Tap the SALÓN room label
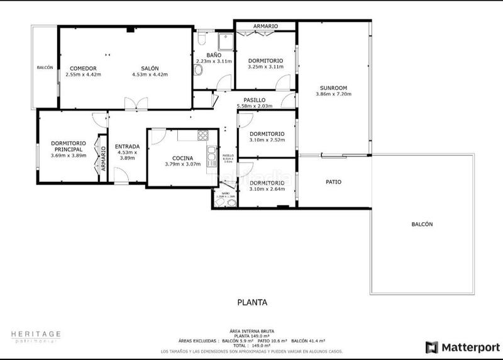[x=149, y=68]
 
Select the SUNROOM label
[x=333, y=88]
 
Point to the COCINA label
[x=182, y=158]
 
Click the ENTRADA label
[x=127, y=147]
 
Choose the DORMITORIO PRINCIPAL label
[x=69, y=146]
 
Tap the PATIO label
[x=333, y=182]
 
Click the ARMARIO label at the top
[x=265, y=26]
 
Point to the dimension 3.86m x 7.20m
[x=333, y=94]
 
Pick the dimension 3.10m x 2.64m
[x=267, y=189]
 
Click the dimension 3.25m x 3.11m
[x=265, y=66]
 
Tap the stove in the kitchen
[x=202, y=135]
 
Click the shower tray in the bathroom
[x=224, y=42]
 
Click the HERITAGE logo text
[x=36, y=334]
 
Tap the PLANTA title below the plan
[x=252, y=302]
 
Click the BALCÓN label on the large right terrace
[x=422, y=224]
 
